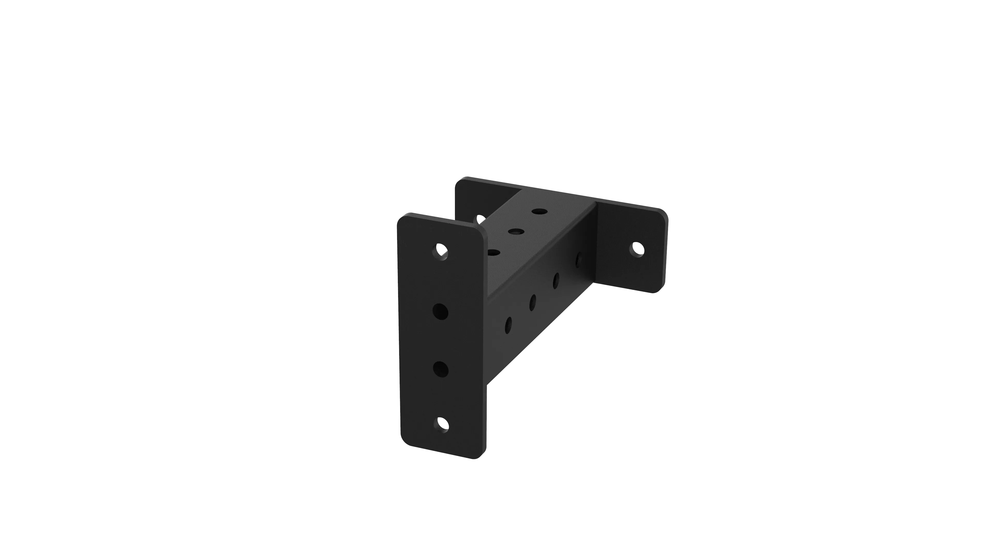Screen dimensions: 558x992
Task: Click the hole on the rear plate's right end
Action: (x=637, y=249)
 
